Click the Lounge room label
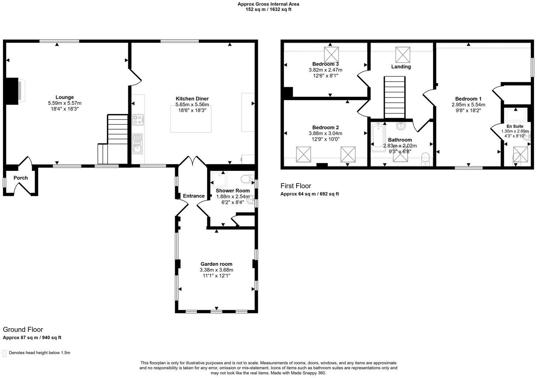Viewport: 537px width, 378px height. coord(65,97)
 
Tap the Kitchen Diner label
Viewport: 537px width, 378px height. coord(192,99)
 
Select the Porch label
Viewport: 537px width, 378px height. coord(21,178)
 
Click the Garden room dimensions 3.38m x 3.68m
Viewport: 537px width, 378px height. coord(216,270)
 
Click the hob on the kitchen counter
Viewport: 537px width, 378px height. coord(138,120)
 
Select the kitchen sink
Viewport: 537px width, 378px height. coord(138,144)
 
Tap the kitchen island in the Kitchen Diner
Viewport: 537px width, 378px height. coord(191,118)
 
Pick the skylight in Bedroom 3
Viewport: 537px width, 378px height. coord(332,55)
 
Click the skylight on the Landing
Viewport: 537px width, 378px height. coord(403,55)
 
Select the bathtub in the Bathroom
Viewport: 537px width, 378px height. coord(378,138)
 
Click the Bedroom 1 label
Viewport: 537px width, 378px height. coord(468,99)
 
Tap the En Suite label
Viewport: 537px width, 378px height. coord(515,126)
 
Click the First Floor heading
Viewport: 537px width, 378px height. coord(295,186)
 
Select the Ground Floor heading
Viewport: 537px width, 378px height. coord(23,330)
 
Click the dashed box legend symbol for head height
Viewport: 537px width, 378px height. coord(4,353)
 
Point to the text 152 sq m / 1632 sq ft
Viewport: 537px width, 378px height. coord(268,10)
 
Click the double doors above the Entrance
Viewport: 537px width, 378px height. coord(193,161)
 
